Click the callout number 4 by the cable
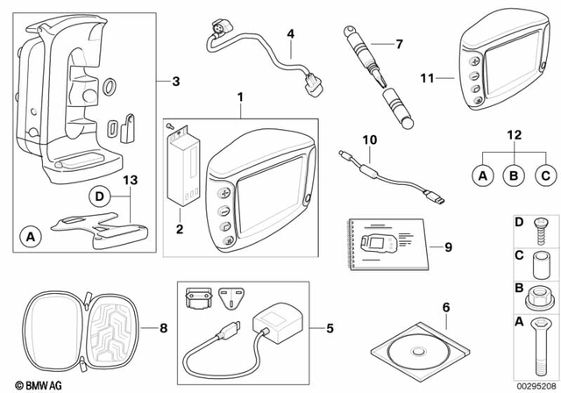(x=291, y=34)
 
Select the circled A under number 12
(x=481, y=176)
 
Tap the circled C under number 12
(x=544, y=176)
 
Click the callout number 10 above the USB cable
(x=369, y=139)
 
